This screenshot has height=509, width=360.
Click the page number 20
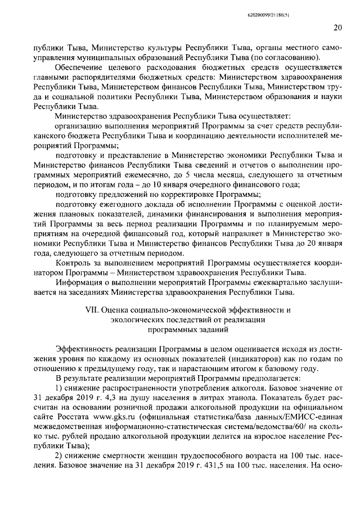(337, 27)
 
